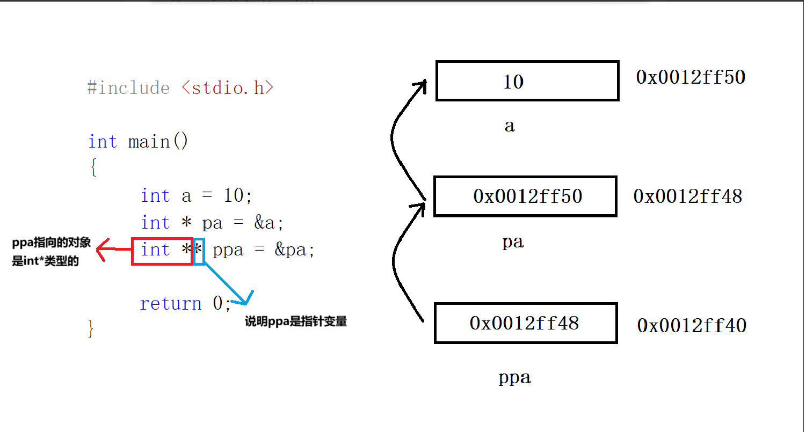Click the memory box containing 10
coord(527,81)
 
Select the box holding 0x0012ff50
coord(525,196)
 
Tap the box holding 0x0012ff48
coord(525,323)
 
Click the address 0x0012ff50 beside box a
coord(691,77)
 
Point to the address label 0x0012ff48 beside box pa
coord(687,196)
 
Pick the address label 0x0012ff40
coord(692,325)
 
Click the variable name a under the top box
coord(510,126)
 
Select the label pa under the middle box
coord(513,242)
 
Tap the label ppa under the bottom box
coord(514,378)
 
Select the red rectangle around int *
coord(162,251)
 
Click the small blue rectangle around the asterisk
coord(199,251)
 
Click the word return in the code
coord(170,304)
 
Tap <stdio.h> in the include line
coord(227,87)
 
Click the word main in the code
coord(149,142)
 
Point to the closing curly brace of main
coord(91,328)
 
